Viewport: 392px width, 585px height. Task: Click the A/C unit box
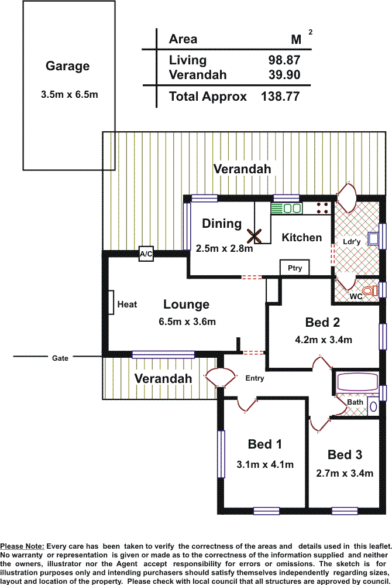pyautogui.click(x=146, y=254)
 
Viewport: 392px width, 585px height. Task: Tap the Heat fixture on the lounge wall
pyautogui.click(x=110, y=302)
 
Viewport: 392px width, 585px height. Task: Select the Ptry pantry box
pyautogui.click(x=295, y=268)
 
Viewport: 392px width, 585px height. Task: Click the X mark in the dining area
pyautogui.click(x=254, y=236)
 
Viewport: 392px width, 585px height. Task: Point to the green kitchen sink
pyautogui.click(x=286, y=208)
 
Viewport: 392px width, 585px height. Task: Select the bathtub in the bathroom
pyautogui.click(x=357, y=382)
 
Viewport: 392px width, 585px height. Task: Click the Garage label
pyautogui.click(x=68, y=66)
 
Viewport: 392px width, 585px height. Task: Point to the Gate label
pyautogui.click(x=60, y=358)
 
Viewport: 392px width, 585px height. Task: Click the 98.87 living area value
pyautogui.click(x=284, y=60)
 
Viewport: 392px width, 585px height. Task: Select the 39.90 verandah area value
pyautogui.click(x=284, y=75)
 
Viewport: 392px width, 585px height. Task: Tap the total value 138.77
pyautogui.click(x=280, y=97)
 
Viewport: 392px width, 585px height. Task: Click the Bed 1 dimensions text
pyautogui.click(x=265, y=464)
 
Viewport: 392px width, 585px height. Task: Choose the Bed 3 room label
pyautogui.click(x=345, y=455)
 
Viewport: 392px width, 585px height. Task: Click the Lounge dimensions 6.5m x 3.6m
pyautogui.click(x=187, y=321)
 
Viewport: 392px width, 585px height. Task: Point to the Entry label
pyautogui.click(x=255, y=378)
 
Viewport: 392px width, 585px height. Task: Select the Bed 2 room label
pyautogui.click(x=322, y=322)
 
